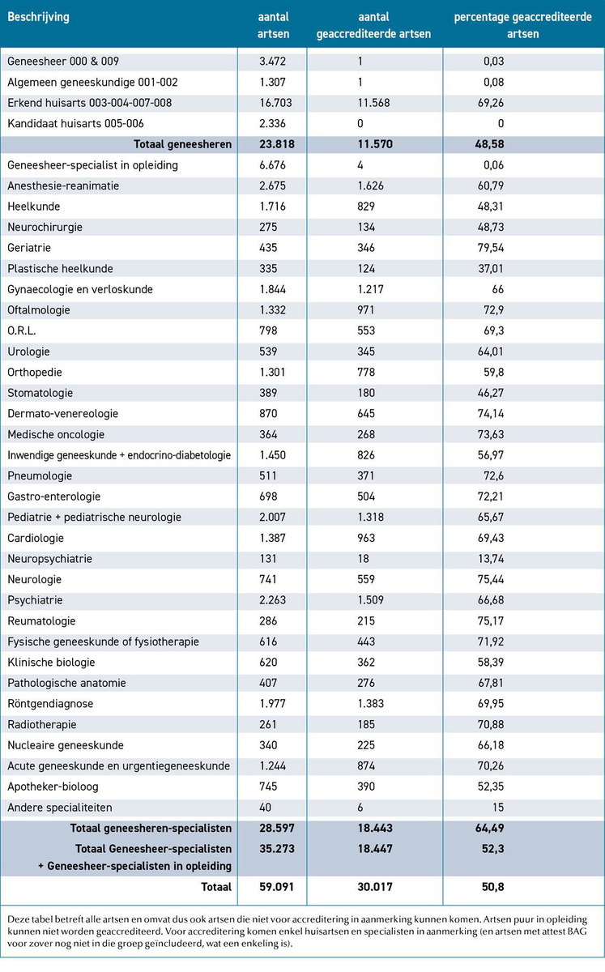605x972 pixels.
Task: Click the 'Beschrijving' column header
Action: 38,17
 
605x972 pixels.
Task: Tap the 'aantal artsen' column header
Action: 273,25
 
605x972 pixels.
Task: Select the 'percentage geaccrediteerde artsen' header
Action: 522,25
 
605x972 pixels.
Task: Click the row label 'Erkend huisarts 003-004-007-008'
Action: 89,103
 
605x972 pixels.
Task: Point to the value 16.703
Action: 275,103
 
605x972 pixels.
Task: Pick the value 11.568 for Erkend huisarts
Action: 373,103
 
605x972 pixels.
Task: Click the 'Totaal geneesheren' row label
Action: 183,144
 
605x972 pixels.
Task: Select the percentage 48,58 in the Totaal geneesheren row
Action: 489,144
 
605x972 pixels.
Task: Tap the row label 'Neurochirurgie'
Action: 45,227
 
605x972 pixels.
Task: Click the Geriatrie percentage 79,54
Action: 491,248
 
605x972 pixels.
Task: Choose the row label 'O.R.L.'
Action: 22,330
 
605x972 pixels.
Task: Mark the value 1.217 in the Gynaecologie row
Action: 371,289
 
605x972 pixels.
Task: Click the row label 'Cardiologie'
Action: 36,538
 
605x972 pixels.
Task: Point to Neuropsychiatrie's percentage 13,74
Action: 491,558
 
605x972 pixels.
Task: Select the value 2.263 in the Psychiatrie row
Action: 273,600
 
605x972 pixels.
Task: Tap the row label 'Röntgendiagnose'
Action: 50,704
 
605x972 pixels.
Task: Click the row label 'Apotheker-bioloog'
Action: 53,787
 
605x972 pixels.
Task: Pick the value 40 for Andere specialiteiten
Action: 265,807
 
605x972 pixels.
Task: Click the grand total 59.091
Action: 276,886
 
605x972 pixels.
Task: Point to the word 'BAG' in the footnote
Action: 577,932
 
